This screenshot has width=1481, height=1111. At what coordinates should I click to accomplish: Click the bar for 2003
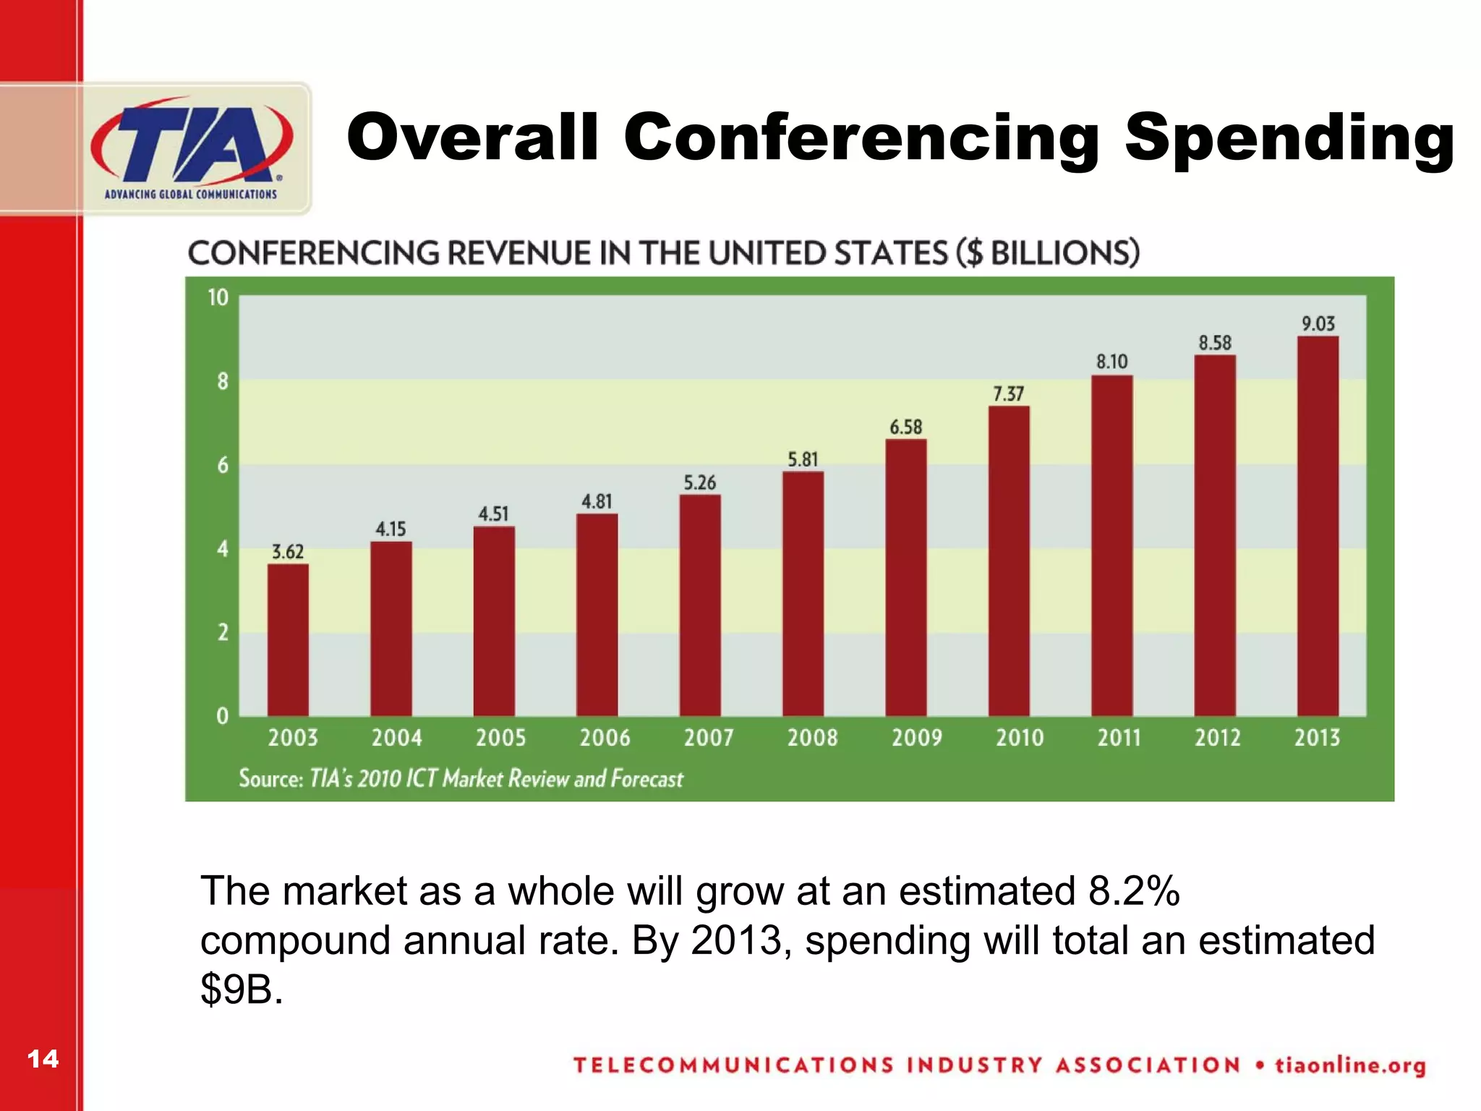click(x=288, y=640)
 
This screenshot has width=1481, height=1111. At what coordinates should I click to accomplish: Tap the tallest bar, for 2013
click(x=1318, y=526)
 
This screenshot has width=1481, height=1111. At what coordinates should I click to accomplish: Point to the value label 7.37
click(x=1008, y=394)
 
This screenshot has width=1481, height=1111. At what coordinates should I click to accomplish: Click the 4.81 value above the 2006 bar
click(x=597, y=501)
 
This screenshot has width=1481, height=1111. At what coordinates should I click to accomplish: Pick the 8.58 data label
click(x=1215, y=343)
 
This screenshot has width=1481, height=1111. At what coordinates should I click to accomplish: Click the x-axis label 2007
click(x=709, y=738)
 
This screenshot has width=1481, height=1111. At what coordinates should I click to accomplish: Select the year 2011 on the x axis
click(x=1119, y=738)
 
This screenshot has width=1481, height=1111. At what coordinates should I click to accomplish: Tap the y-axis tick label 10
click(x=218, y=297)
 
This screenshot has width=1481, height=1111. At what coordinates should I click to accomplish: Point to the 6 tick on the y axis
click(x=223, y=465)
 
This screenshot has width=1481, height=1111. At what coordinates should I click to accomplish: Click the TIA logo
click(x=192, y=148)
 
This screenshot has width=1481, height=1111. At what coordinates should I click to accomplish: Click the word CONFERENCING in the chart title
click(x=313, y=253)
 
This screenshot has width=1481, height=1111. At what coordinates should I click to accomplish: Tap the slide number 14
click(x=43, y=1059)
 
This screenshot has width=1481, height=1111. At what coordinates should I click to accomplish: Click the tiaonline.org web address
click(x=1350, y=1065)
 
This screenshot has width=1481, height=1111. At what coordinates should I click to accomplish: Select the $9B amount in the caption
click(x=242, y=989)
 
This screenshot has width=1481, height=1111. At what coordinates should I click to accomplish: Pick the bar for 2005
click(x=494, y=621)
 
